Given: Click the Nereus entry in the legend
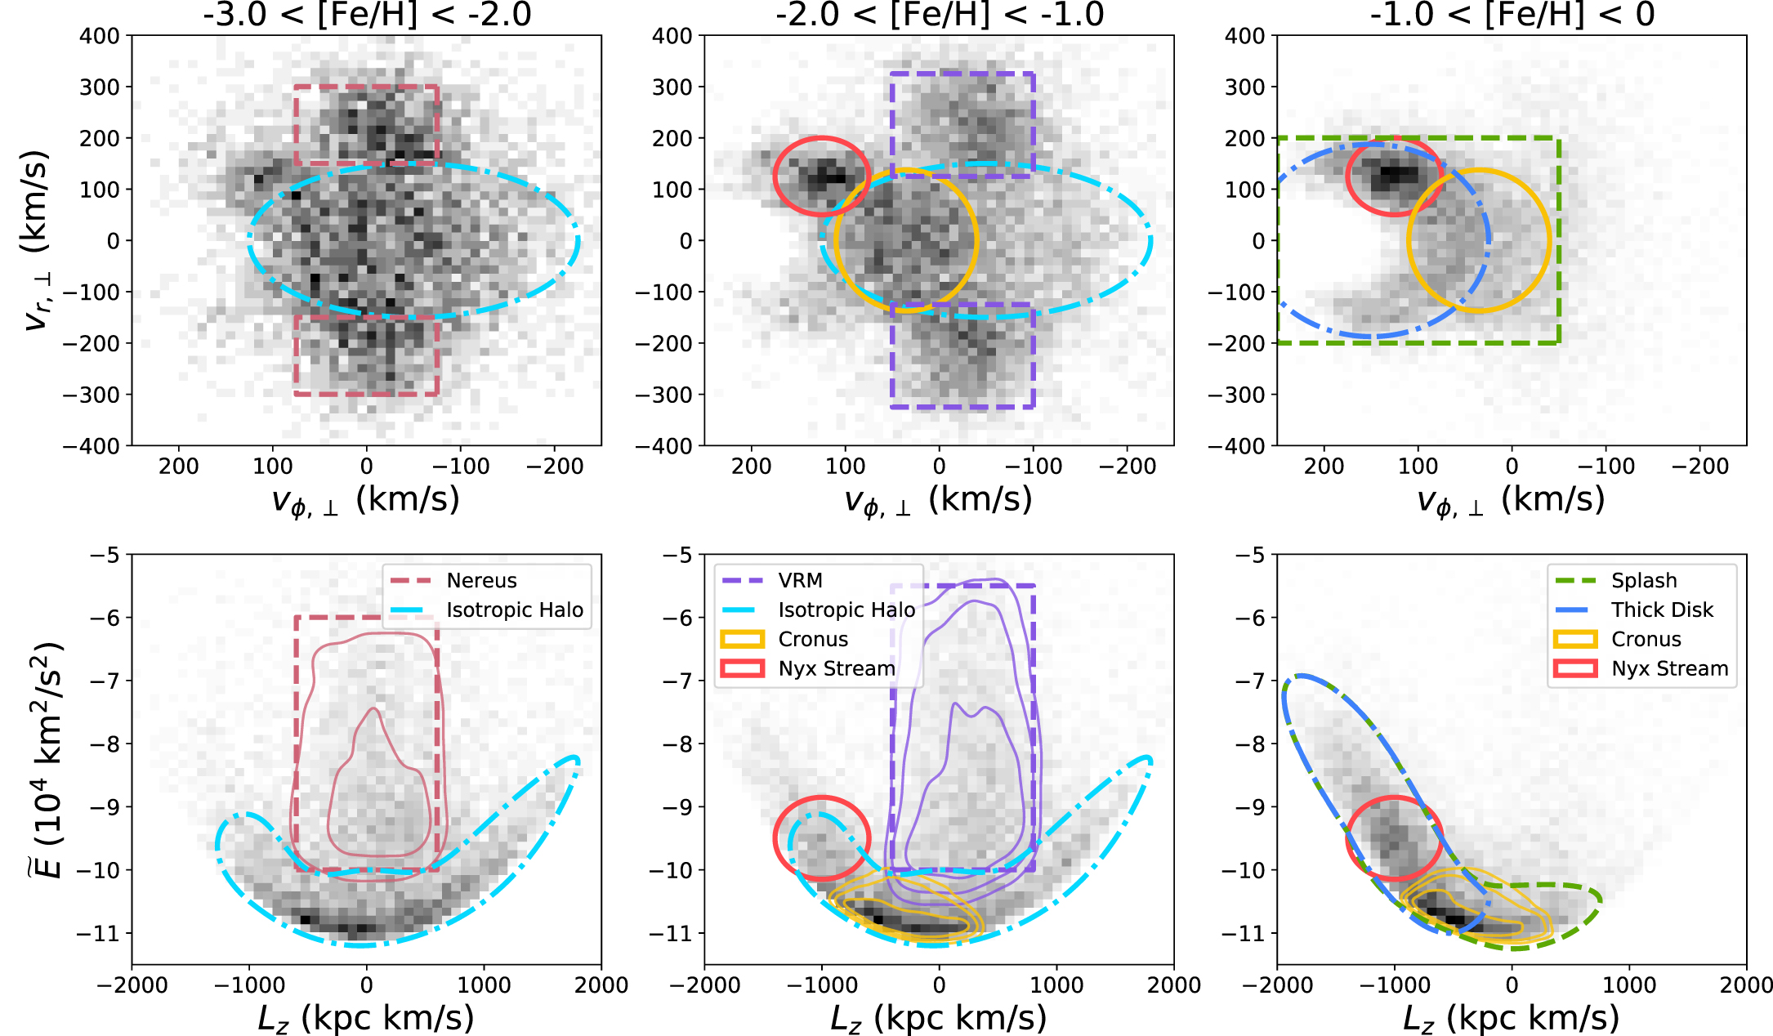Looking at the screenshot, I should point(481,581).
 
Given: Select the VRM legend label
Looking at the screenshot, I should point(800,581).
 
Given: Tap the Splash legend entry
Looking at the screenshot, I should point(1643,581).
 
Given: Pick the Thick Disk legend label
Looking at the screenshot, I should point(1661,610).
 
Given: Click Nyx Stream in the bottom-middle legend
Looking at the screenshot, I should point(836,669).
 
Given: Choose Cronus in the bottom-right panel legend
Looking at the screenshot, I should point(1646,640).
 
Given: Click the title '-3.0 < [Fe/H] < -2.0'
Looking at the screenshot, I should point(367,15).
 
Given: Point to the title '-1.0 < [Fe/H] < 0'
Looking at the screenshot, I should point(1512,15).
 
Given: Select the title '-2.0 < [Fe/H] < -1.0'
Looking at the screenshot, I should point(939,15).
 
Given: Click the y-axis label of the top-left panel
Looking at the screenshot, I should point(37,240).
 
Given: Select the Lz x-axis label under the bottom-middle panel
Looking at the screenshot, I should point(938,1019).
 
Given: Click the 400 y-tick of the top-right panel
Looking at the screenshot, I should point(1244,36).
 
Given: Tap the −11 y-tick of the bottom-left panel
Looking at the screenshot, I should point(97,933).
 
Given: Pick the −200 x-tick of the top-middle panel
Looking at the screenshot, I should point(1127,467).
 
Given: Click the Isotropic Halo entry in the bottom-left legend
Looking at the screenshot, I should point(514,610).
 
